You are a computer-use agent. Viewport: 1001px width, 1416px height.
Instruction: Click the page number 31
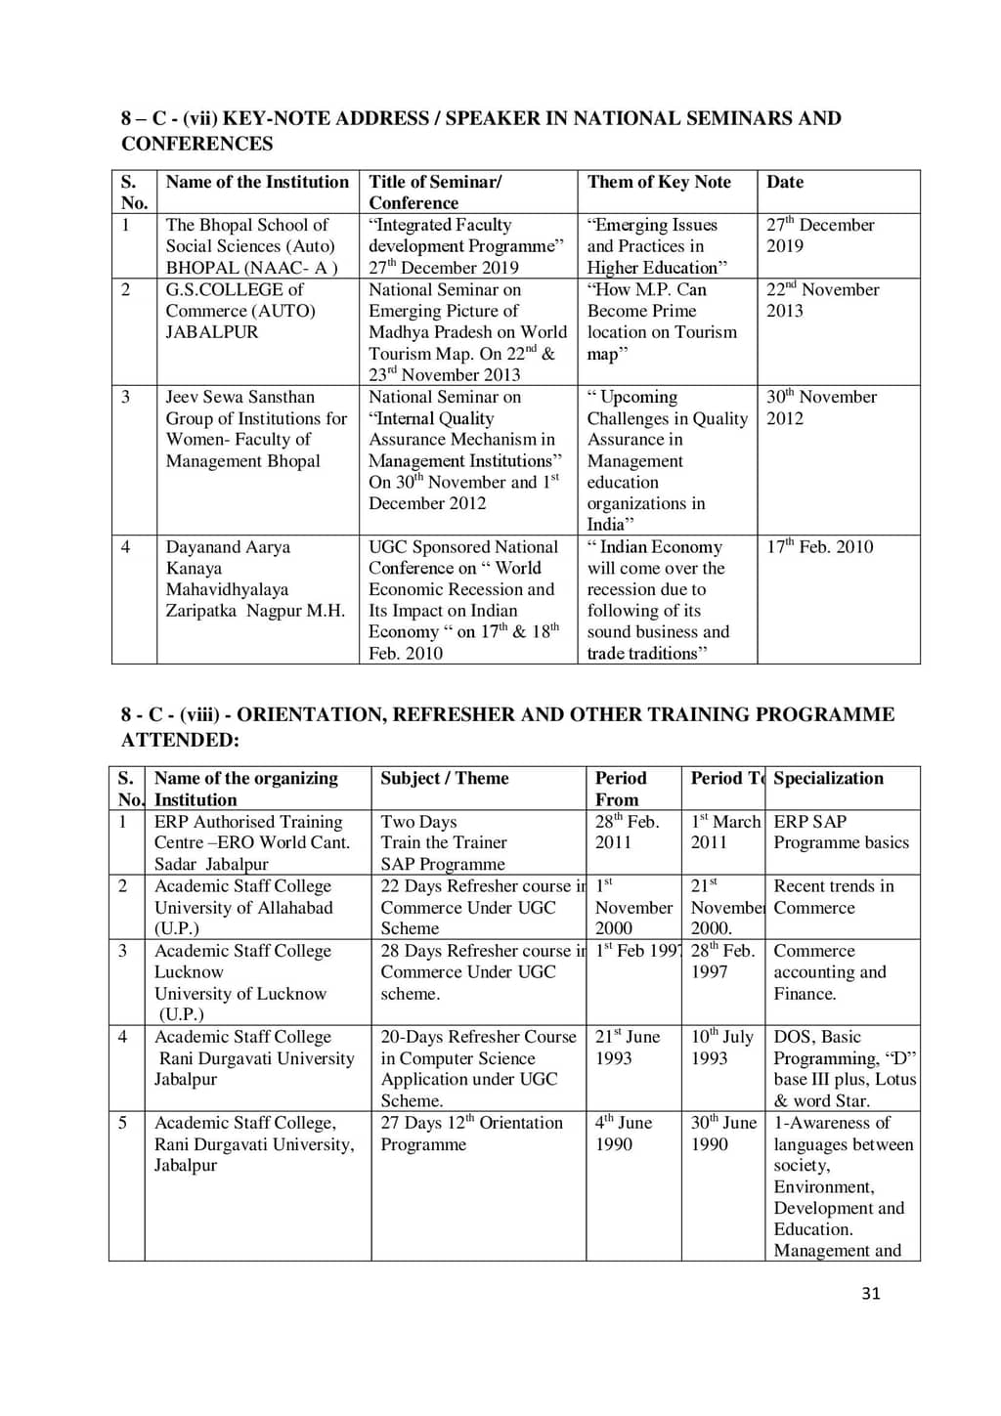[871, 1293]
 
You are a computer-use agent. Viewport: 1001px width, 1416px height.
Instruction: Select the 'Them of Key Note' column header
[659, 182]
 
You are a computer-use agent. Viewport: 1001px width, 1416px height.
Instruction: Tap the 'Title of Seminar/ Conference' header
[435, 192]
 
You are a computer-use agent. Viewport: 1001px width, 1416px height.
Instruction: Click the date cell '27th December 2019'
[819, 235]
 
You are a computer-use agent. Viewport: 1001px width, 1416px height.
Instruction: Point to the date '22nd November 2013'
[822, 300]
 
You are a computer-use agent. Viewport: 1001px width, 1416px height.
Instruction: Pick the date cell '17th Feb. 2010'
[819, 546]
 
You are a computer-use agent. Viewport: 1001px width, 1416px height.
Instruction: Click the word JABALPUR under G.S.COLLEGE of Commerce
[212, 332]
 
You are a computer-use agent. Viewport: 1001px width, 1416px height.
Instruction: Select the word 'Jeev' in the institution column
[183, 397]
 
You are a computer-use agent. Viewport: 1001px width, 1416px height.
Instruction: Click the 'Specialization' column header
[828, 778]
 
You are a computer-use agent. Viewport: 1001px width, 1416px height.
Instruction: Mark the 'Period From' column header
[621, 788]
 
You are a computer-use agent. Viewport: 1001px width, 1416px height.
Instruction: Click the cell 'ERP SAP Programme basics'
[841, 832]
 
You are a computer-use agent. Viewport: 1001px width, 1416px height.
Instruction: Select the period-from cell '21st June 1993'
[627, 1047]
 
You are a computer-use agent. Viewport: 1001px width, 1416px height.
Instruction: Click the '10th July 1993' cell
[721, 1047]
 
